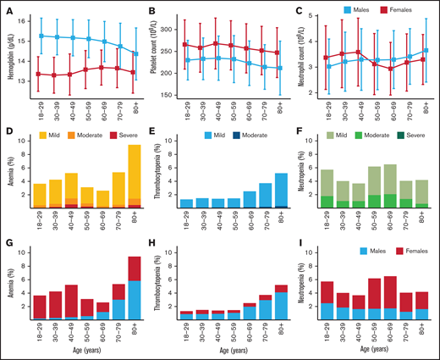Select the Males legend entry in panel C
pos(355,12)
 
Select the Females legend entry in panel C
pos(403,12)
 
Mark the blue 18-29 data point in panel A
pos(41,36)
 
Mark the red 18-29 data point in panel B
pos(184,44)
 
